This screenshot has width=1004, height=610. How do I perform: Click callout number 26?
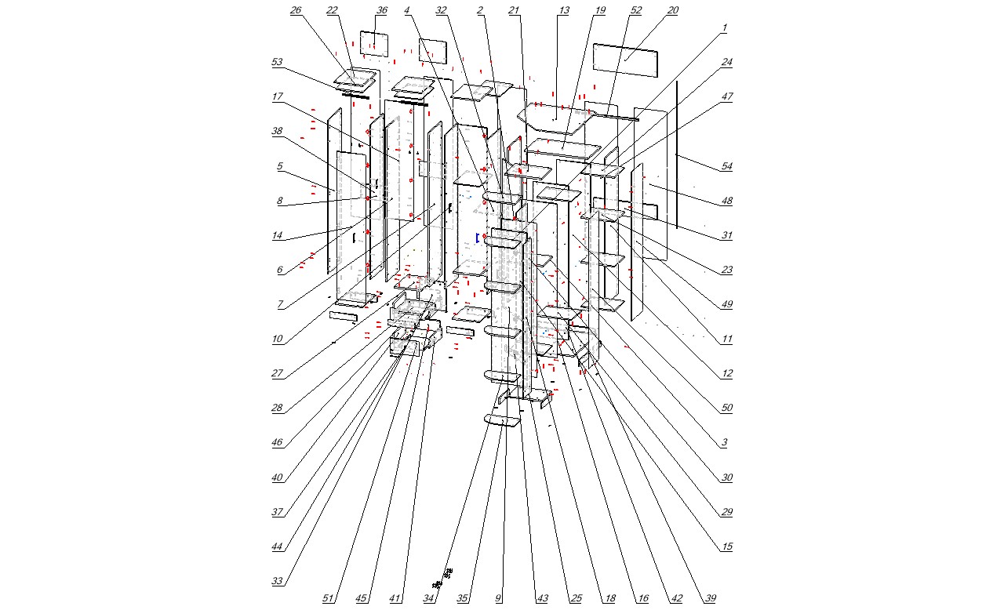(296, 10)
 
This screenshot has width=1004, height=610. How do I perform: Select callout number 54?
(726, 166)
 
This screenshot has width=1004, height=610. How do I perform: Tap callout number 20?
(673, 10)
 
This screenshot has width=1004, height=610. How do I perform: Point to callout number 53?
(277, 62)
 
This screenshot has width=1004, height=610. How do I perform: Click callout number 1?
(725, 27)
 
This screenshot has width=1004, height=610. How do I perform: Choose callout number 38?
(277, 131)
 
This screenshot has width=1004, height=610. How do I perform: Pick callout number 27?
(277, 373)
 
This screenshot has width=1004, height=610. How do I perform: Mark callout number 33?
(277, 581)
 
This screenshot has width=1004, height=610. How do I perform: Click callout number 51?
(328, 598)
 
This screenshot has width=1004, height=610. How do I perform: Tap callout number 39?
(710, 598)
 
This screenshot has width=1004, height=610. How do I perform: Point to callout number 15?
(726, 546)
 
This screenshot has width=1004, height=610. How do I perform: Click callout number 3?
(725, 442)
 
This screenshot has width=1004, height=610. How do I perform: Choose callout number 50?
(726, 408)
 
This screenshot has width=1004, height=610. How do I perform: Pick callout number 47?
(726, 96)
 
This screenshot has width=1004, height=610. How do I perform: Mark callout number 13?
(563, 10)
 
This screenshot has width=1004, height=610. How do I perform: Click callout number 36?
(381, 10)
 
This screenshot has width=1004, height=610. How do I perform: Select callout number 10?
(277, 339)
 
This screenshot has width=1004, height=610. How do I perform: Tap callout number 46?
(277, 442)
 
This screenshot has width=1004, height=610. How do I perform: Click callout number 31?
(726, 235)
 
